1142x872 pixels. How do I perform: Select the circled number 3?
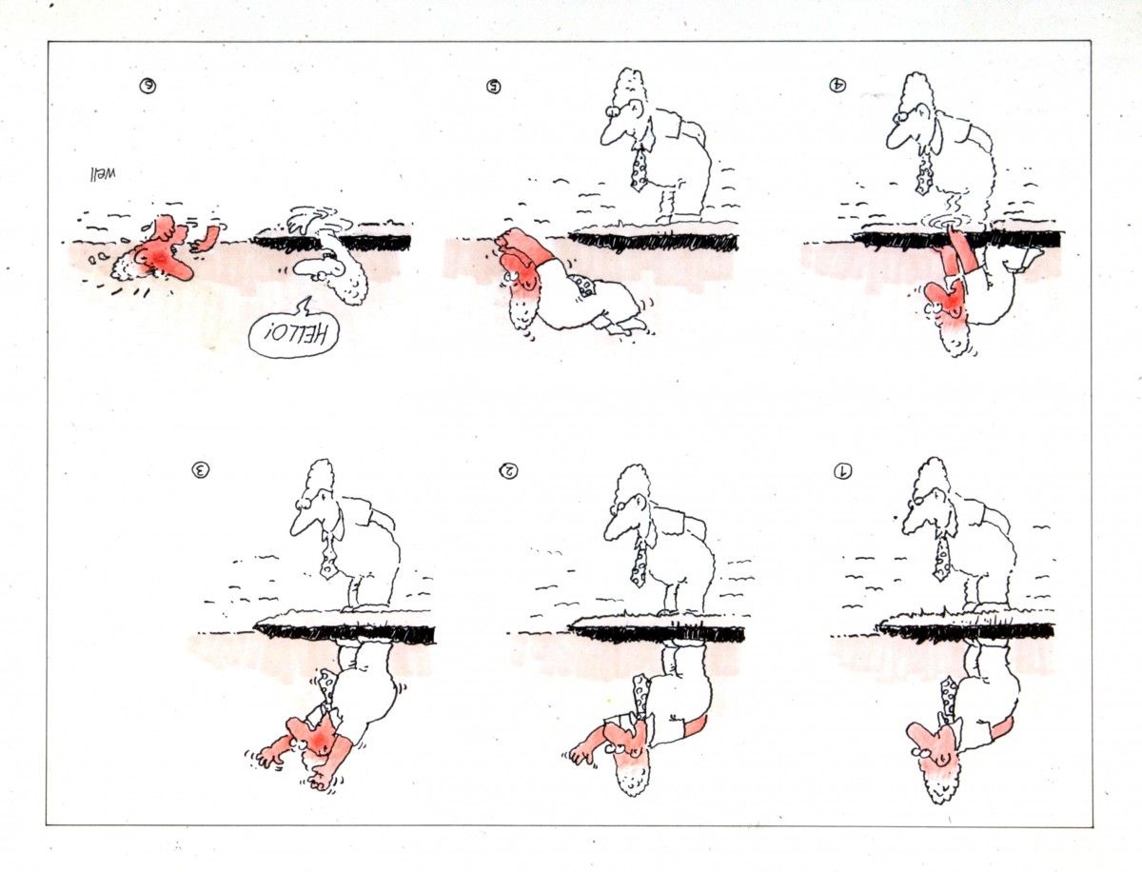pyautogui.click(x=201, y=470)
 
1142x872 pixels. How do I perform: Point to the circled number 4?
pyautogui.click(x=837, y=85)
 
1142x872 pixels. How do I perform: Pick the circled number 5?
pyautogui.click(x=493, y=86)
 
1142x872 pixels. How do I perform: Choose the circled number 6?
pyautogui.click(x=148, y=86)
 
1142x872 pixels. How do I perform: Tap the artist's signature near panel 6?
pyautogui.click(x=102, y=174)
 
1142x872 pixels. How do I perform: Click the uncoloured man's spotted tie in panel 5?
pyautogui.click(x=639, y=168)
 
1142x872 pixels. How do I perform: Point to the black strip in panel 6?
pyautogui.click(x=332, y=243)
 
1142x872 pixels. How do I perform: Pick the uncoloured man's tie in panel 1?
pyautogui.click(x=943, y=561)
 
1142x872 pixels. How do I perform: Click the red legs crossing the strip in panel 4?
pyautogui.click(x=960, y=255)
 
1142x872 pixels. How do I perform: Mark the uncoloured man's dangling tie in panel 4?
pyautogui.click(x=924, y=176)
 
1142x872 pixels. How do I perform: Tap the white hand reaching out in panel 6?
pyautogui.click(x=304, y=220)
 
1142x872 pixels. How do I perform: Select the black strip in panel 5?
pyautogui.click(x=654, y=242)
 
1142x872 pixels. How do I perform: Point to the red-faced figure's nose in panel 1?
pyautogui.click(x=916, y=734)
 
